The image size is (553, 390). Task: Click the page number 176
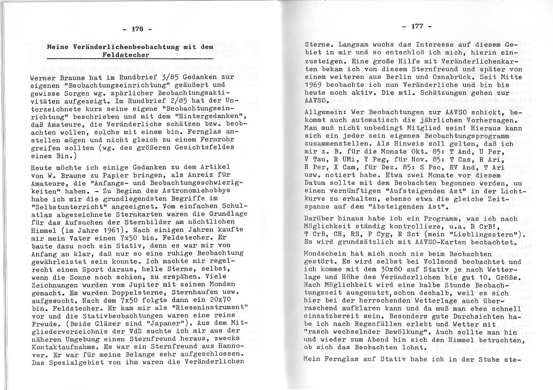pyautogui.click(x=137, y=29)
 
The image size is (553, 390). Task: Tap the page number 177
pyautogui.click(x=416, y=26)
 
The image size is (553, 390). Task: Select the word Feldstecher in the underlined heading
pyautogui.click(x=126, y=55)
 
